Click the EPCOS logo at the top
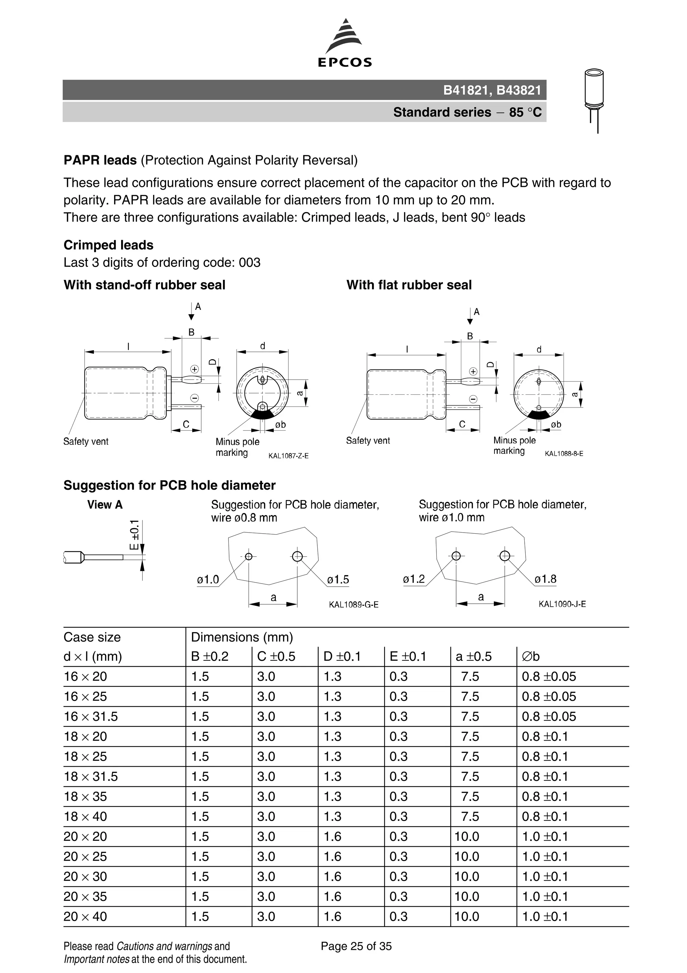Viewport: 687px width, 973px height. pyautogui.click(x=345, y=44)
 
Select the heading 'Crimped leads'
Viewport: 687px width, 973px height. pyautogui.click(x=108, y=245)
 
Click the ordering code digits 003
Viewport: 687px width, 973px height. pyautogui.click(x=250, y=263)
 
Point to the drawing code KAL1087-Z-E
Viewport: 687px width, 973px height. pyautogui.click(x=288, y=456)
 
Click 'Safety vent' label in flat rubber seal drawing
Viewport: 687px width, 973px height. pyautogui.click(x=368, y=441)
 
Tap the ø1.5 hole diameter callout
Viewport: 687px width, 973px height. pyautogui.click(x=338, y=579)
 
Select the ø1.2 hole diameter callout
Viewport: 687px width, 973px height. pyautogui.click(x=414, y=579)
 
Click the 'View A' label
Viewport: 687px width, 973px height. pyautogui.click(x=105, y=505)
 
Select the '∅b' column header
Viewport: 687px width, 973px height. pyautogui.click(x=531, y=656)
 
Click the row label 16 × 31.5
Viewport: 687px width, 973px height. pyautogui.click(x=91, y=717)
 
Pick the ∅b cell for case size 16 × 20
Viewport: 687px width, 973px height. pyautogui.click(x=548, y=677)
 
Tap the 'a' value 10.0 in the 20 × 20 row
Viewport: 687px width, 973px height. pyautogui.click(x=467, y=836)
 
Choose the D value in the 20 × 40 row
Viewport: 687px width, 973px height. pyautogui.click(x=332, y=917)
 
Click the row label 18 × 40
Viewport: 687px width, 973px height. pyautogui.click(x=85, y=817)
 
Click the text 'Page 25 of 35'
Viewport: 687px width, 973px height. pyautogui.click(x=356, y=946)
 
